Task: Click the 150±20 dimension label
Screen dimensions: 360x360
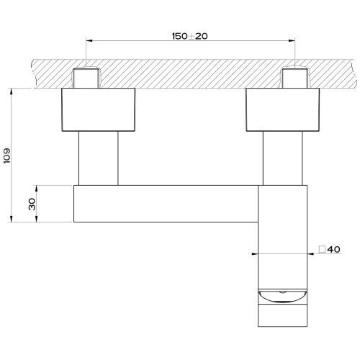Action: (190, 36)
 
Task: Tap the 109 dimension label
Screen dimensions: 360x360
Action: (7, 156)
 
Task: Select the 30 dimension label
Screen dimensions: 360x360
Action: (32, 204)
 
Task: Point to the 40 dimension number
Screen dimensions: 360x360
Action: (333, 249)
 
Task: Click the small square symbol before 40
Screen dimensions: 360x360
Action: (322, 249)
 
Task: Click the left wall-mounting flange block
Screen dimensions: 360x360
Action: (99, 109)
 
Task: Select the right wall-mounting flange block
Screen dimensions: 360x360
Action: (283, 109)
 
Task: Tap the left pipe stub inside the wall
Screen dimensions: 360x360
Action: (86, 78)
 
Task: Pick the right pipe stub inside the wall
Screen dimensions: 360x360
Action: (295, 78)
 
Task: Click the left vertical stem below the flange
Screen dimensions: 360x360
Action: (99, 158)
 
